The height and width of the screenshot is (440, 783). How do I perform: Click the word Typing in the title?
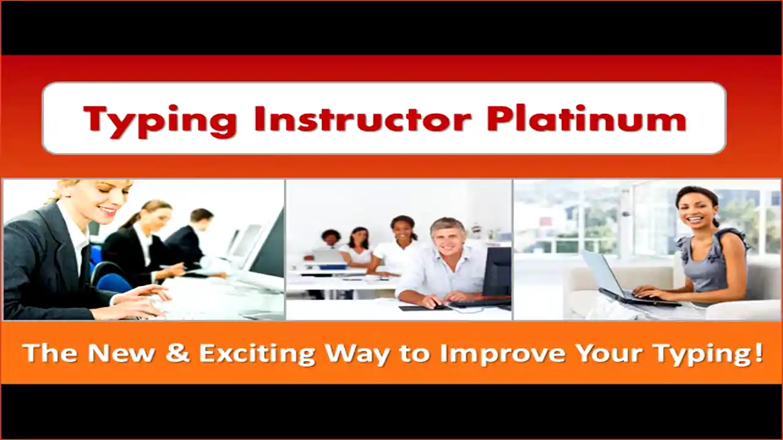160,119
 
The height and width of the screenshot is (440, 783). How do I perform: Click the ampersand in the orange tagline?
177,353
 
